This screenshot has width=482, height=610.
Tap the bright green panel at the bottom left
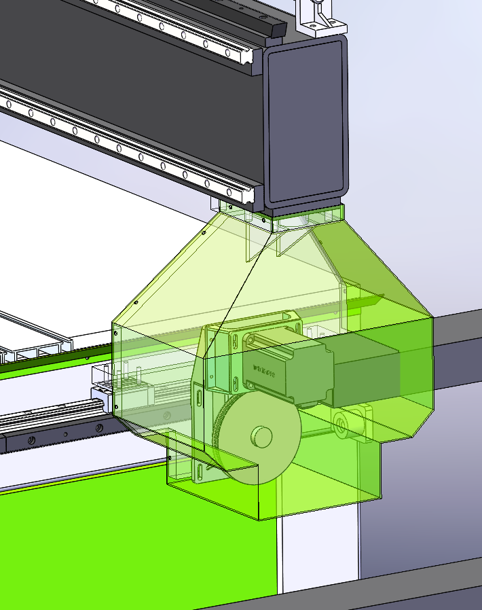pyautogui.click(x=102, y=543)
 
